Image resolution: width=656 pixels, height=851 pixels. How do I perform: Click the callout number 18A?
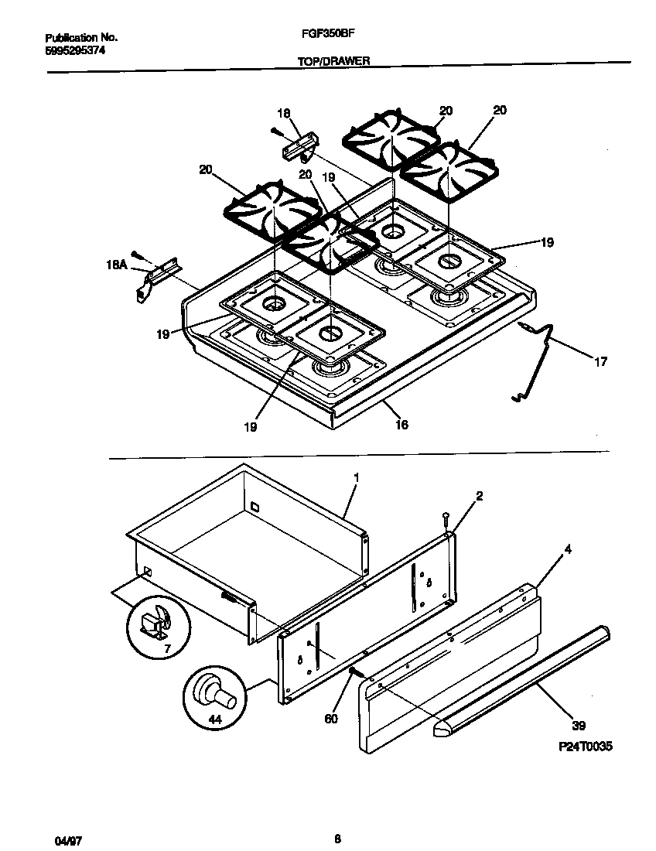pyautogui.click(x=116, y=265)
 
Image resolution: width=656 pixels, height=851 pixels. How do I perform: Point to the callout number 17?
pyautogui.click(x=601, y=361)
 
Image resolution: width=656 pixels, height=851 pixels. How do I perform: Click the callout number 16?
pyautogui.click(x=401, y=425)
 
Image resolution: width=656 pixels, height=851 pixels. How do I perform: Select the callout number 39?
pyautogui.click(x=579, y=726)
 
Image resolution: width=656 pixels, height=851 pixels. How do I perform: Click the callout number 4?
pyautogui.click(x=568, y=550)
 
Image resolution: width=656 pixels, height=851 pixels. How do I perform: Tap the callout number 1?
pyautogui.click(x=355, y=478)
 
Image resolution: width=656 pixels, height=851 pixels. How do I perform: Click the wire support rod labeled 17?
pyautogui.click(x=542, y=363)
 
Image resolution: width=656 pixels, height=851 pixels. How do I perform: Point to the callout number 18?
pyautogui.click(x=282, y=113)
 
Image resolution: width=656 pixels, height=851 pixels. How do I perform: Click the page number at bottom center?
pyautogui.click(x=337, y=838)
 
